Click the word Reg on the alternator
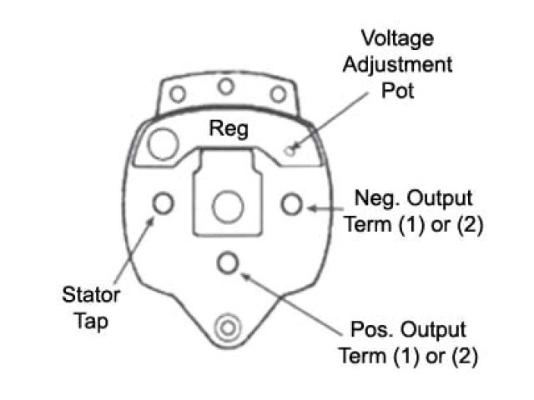coord(229,130)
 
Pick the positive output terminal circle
coord(226,263)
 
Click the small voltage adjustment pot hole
coord(290,151)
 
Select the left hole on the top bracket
coord(177,94)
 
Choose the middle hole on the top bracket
coord(225,86)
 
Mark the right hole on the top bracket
coord(278,94)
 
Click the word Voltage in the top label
coord(396,38)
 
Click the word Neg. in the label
coord(373,199)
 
